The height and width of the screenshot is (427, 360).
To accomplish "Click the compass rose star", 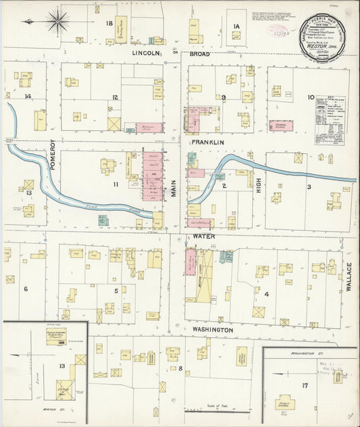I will [x=57, y=22].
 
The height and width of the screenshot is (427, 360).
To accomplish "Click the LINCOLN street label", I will [x=146, y=53].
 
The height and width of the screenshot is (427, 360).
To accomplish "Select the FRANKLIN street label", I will [x=206, y=143].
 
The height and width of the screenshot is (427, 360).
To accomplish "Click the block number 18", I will [x=108, y=24].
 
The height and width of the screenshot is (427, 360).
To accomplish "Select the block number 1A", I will [x=236, y=26].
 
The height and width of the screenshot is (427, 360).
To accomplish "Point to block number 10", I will [x=311, y=97].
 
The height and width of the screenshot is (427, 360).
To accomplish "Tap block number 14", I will [x=28, y=97].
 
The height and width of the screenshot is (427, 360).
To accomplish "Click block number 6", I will [x=26, y=289].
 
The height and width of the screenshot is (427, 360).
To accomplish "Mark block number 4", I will [x=266, y=294].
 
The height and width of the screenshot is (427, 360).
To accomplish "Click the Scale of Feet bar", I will [x=217, y=409].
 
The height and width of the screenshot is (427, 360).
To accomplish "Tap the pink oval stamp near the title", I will [x=276, y=30].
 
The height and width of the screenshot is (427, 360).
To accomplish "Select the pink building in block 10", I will [x=281, y=126].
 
